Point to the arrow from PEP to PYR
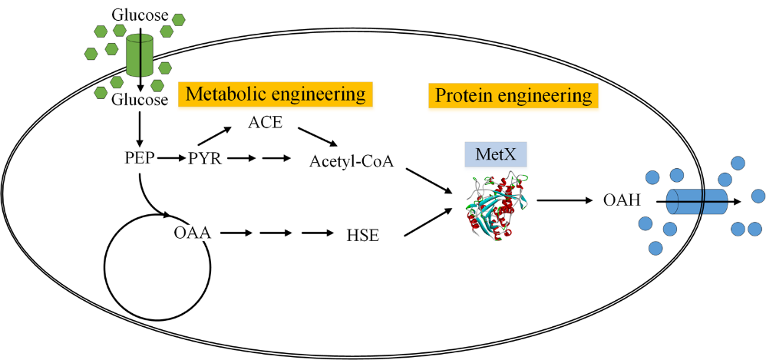pyautogui.click(x=170, y=160)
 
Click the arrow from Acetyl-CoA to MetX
pyautogui.click(x=428, y=185)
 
